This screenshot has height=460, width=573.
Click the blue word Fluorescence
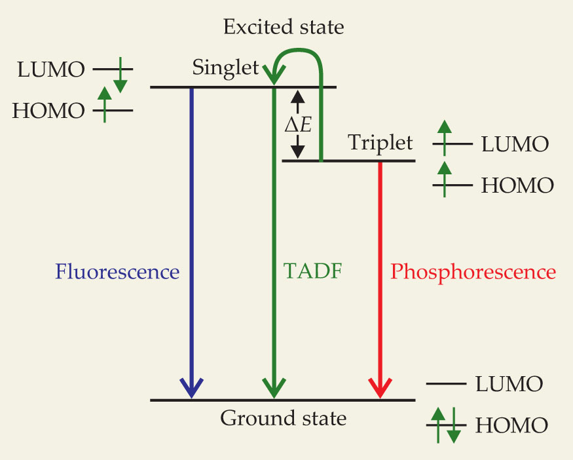(117, 271)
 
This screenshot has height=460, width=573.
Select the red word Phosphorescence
(473, 271)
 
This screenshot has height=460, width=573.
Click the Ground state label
(283, 417)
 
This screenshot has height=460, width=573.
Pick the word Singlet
(225, 67)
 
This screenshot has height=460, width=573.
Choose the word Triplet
(380, 142)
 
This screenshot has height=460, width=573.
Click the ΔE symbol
(298, 124)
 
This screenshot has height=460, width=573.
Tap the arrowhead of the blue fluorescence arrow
(191, 387)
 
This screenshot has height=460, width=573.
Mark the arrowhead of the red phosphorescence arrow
(380, 387)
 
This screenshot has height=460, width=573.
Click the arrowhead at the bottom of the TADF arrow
(274, 387)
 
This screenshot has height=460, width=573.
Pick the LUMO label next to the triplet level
(515, 144)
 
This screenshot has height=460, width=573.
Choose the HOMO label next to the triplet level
(517, 185)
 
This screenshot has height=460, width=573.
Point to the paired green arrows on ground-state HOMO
(445, 425)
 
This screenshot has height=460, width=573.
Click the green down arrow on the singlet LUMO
(120, 76)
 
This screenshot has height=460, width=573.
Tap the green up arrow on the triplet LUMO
(445, 136)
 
